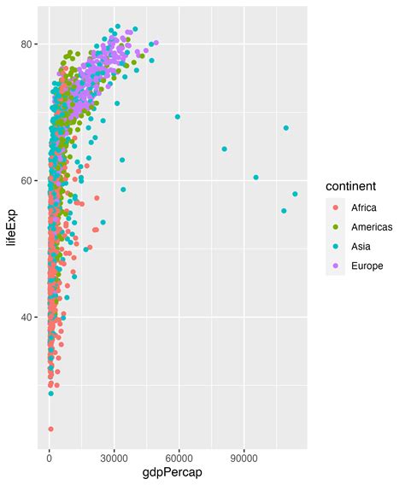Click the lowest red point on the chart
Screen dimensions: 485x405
tap(50, 429)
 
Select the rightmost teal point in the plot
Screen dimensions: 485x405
tap(295, 194)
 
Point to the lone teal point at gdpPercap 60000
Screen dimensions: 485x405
tap(178, 117)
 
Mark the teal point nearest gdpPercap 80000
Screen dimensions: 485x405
tap(225, 149)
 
